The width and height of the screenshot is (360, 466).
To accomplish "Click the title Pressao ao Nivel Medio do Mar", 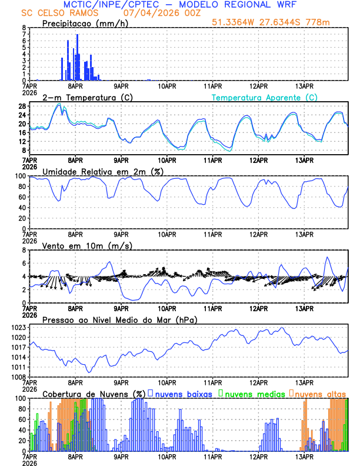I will pos(119,319).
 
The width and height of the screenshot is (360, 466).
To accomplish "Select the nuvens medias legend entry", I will pos(252,394).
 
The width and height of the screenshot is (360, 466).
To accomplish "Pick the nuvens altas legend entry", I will pos(321,394).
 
